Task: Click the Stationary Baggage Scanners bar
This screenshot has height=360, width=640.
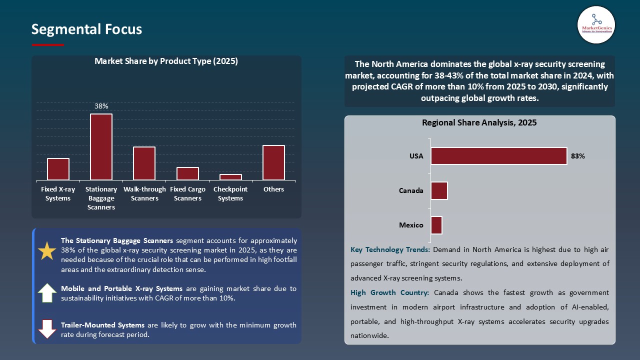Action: pos(101,147)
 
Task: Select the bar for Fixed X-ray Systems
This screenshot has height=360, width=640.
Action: pos(58,169)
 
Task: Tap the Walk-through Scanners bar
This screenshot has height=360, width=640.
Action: pos(144,163)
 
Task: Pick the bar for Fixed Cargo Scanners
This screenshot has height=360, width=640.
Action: pos(187,173)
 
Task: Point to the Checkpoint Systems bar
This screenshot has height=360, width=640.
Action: pos(230,177)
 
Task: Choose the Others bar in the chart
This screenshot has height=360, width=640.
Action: pos(273,162)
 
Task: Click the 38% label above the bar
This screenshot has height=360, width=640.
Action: pos(101,106)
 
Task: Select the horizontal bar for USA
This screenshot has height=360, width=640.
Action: pos(498,156)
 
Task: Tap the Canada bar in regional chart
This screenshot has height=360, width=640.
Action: pos(439,190)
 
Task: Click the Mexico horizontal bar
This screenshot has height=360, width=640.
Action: pos(436,225)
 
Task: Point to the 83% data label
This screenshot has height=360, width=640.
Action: pos(577,156)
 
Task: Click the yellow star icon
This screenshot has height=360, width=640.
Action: pos(47,251)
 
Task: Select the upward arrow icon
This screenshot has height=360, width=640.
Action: pos(47,293)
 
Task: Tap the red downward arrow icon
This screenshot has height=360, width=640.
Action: pos(47,329)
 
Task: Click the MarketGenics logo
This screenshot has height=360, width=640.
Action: pos(596,24)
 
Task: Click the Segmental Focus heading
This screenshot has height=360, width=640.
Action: pos(86,29)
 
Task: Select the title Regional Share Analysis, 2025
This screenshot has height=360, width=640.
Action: pos(479,122)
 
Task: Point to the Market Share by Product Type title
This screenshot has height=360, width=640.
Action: pos(166,61)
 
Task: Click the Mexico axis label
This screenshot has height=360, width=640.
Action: pos(411,225)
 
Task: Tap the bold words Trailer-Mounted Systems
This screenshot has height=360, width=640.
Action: pos(103,325)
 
